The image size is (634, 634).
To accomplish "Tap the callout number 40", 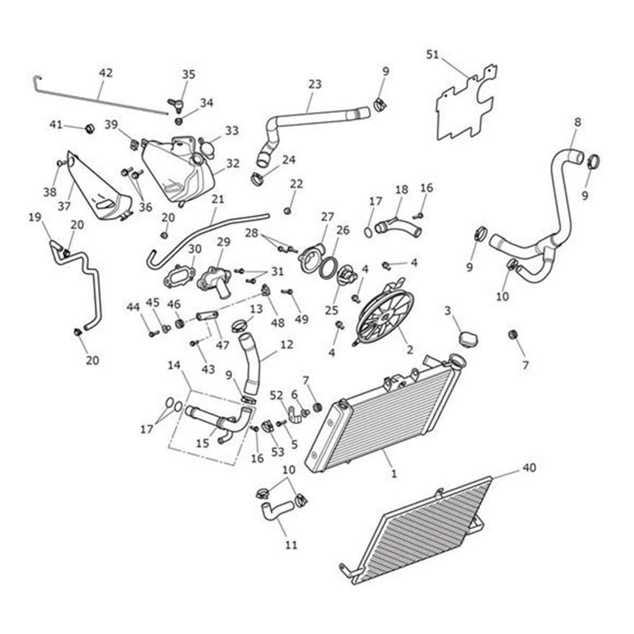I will coord(529,468).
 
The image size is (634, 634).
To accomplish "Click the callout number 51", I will coord(433,54).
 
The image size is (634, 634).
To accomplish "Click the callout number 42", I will coord(106,73).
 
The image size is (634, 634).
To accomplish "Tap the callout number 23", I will coord(315,84).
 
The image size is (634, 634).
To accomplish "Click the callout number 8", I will coord(577,122).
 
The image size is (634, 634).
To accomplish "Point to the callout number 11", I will coord(291,544).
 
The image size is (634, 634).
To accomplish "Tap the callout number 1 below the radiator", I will coord(394,474).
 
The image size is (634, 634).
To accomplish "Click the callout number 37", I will coord(64,207).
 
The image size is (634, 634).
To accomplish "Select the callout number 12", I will coord(286,344).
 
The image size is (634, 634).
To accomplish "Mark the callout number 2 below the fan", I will coord(409,349).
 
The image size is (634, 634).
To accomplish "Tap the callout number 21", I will coord(218,199).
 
